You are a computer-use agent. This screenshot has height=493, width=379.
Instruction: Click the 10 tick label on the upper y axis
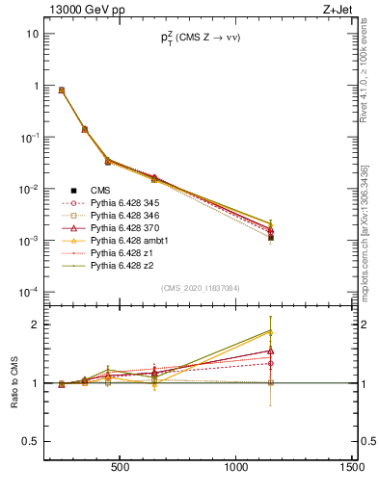pos(33,34)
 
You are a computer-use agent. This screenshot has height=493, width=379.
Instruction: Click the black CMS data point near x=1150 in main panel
pos(271,237)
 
